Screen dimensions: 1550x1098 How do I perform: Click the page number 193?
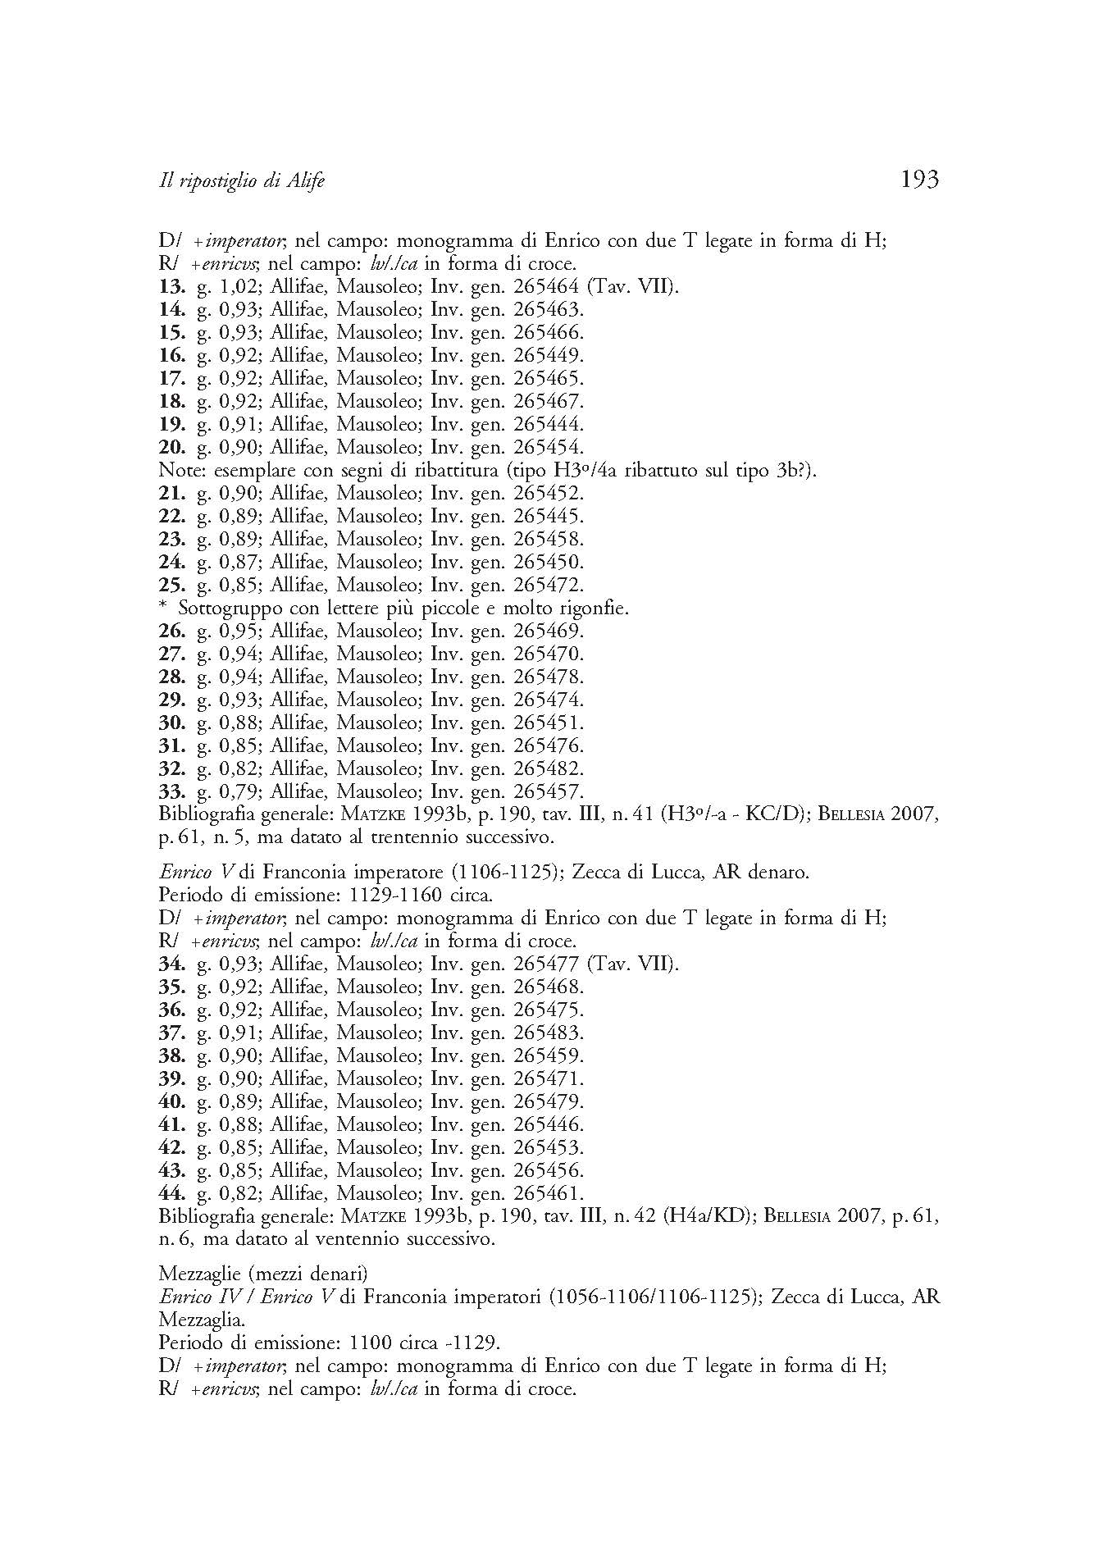[x=918, y=180]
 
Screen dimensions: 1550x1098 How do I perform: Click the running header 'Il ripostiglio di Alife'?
[x=241, y=181]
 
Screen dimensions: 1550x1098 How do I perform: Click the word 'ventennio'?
[x=358, y=1239]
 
